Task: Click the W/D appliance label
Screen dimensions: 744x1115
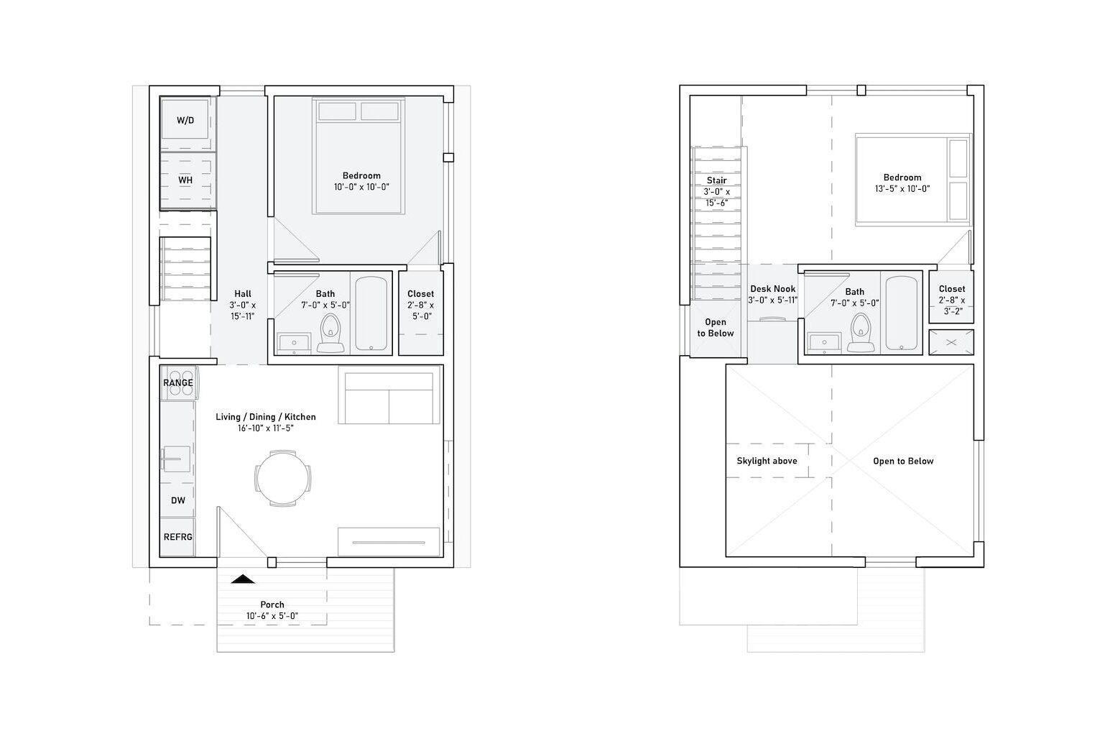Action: pos(185,120)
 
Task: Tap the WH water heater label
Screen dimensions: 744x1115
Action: pos(185,180)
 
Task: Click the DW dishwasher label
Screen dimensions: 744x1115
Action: pos(177,500)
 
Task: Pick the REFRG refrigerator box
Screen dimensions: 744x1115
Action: pos(177,537)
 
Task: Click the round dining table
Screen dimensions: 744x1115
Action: pos(283,477)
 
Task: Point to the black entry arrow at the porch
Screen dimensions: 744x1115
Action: pos(243,578)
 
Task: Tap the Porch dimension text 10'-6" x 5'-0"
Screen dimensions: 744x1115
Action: pos(272,616)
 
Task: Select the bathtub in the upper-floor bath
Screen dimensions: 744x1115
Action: pos(901,313)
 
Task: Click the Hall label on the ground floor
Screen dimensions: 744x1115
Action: pos(243,293)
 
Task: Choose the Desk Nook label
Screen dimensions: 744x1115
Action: pos(772,289)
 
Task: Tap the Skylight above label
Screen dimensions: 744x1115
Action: pos(767,461)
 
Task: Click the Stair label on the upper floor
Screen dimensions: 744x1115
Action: pos(716,180)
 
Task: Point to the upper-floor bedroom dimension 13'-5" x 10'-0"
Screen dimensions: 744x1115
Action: pos(902,189)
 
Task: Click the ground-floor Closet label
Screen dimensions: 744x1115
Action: pos(420,293)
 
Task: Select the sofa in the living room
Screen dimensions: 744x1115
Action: pos(389,397)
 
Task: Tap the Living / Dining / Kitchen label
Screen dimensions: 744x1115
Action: pos(266,417)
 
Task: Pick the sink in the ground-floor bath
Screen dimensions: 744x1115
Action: pos(293,344)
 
